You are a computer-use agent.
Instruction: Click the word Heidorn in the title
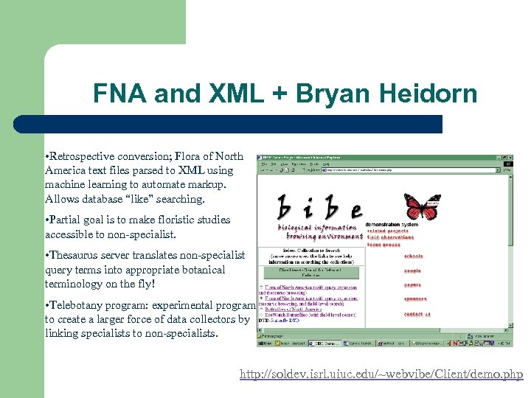431,94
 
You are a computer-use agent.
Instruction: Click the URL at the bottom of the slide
381,375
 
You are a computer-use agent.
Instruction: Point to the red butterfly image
423,207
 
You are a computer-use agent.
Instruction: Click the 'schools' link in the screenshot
414,256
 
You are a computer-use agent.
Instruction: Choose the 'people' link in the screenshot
412,270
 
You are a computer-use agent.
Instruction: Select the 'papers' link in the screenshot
412,284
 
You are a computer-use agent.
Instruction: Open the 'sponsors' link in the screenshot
415,299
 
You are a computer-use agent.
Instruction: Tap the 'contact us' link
417,314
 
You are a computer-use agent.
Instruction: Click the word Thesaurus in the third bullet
74,255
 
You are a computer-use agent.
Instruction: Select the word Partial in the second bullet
67,220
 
